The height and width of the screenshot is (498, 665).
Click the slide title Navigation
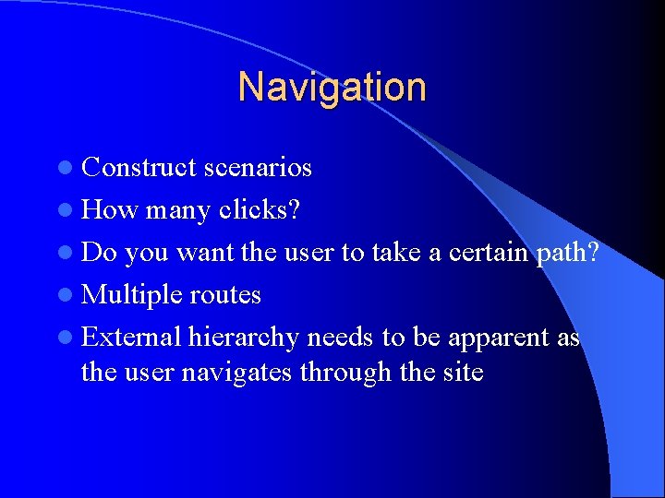pyautogui.click(x=332, y=88)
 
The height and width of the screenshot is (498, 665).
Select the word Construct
pyautogui.click(x=139, y=168)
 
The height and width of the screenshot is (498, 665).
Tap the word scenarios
pyautogui.click(x=258, y=168)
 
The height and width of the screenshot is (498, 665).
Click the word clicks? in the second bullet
pyautogui.click(x=260, y=210)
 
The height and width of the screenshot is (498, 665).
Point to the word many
pyautogui.click(x=178, y=210)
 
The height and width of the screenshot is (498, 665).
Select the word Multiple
pyautogui.click(x=132, y=295)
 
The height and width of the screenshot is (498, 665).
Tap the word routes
pyautogui.click(x=225, y=295)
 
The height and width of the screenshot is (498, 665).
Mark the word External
pyautogui.click(x=131, y=338)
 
